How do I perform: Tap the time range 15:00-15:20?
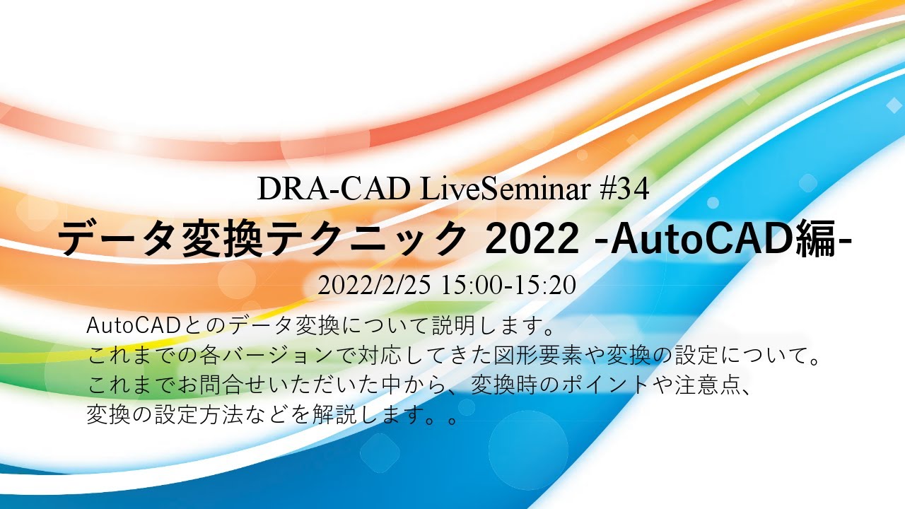[x=509, y=285]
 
